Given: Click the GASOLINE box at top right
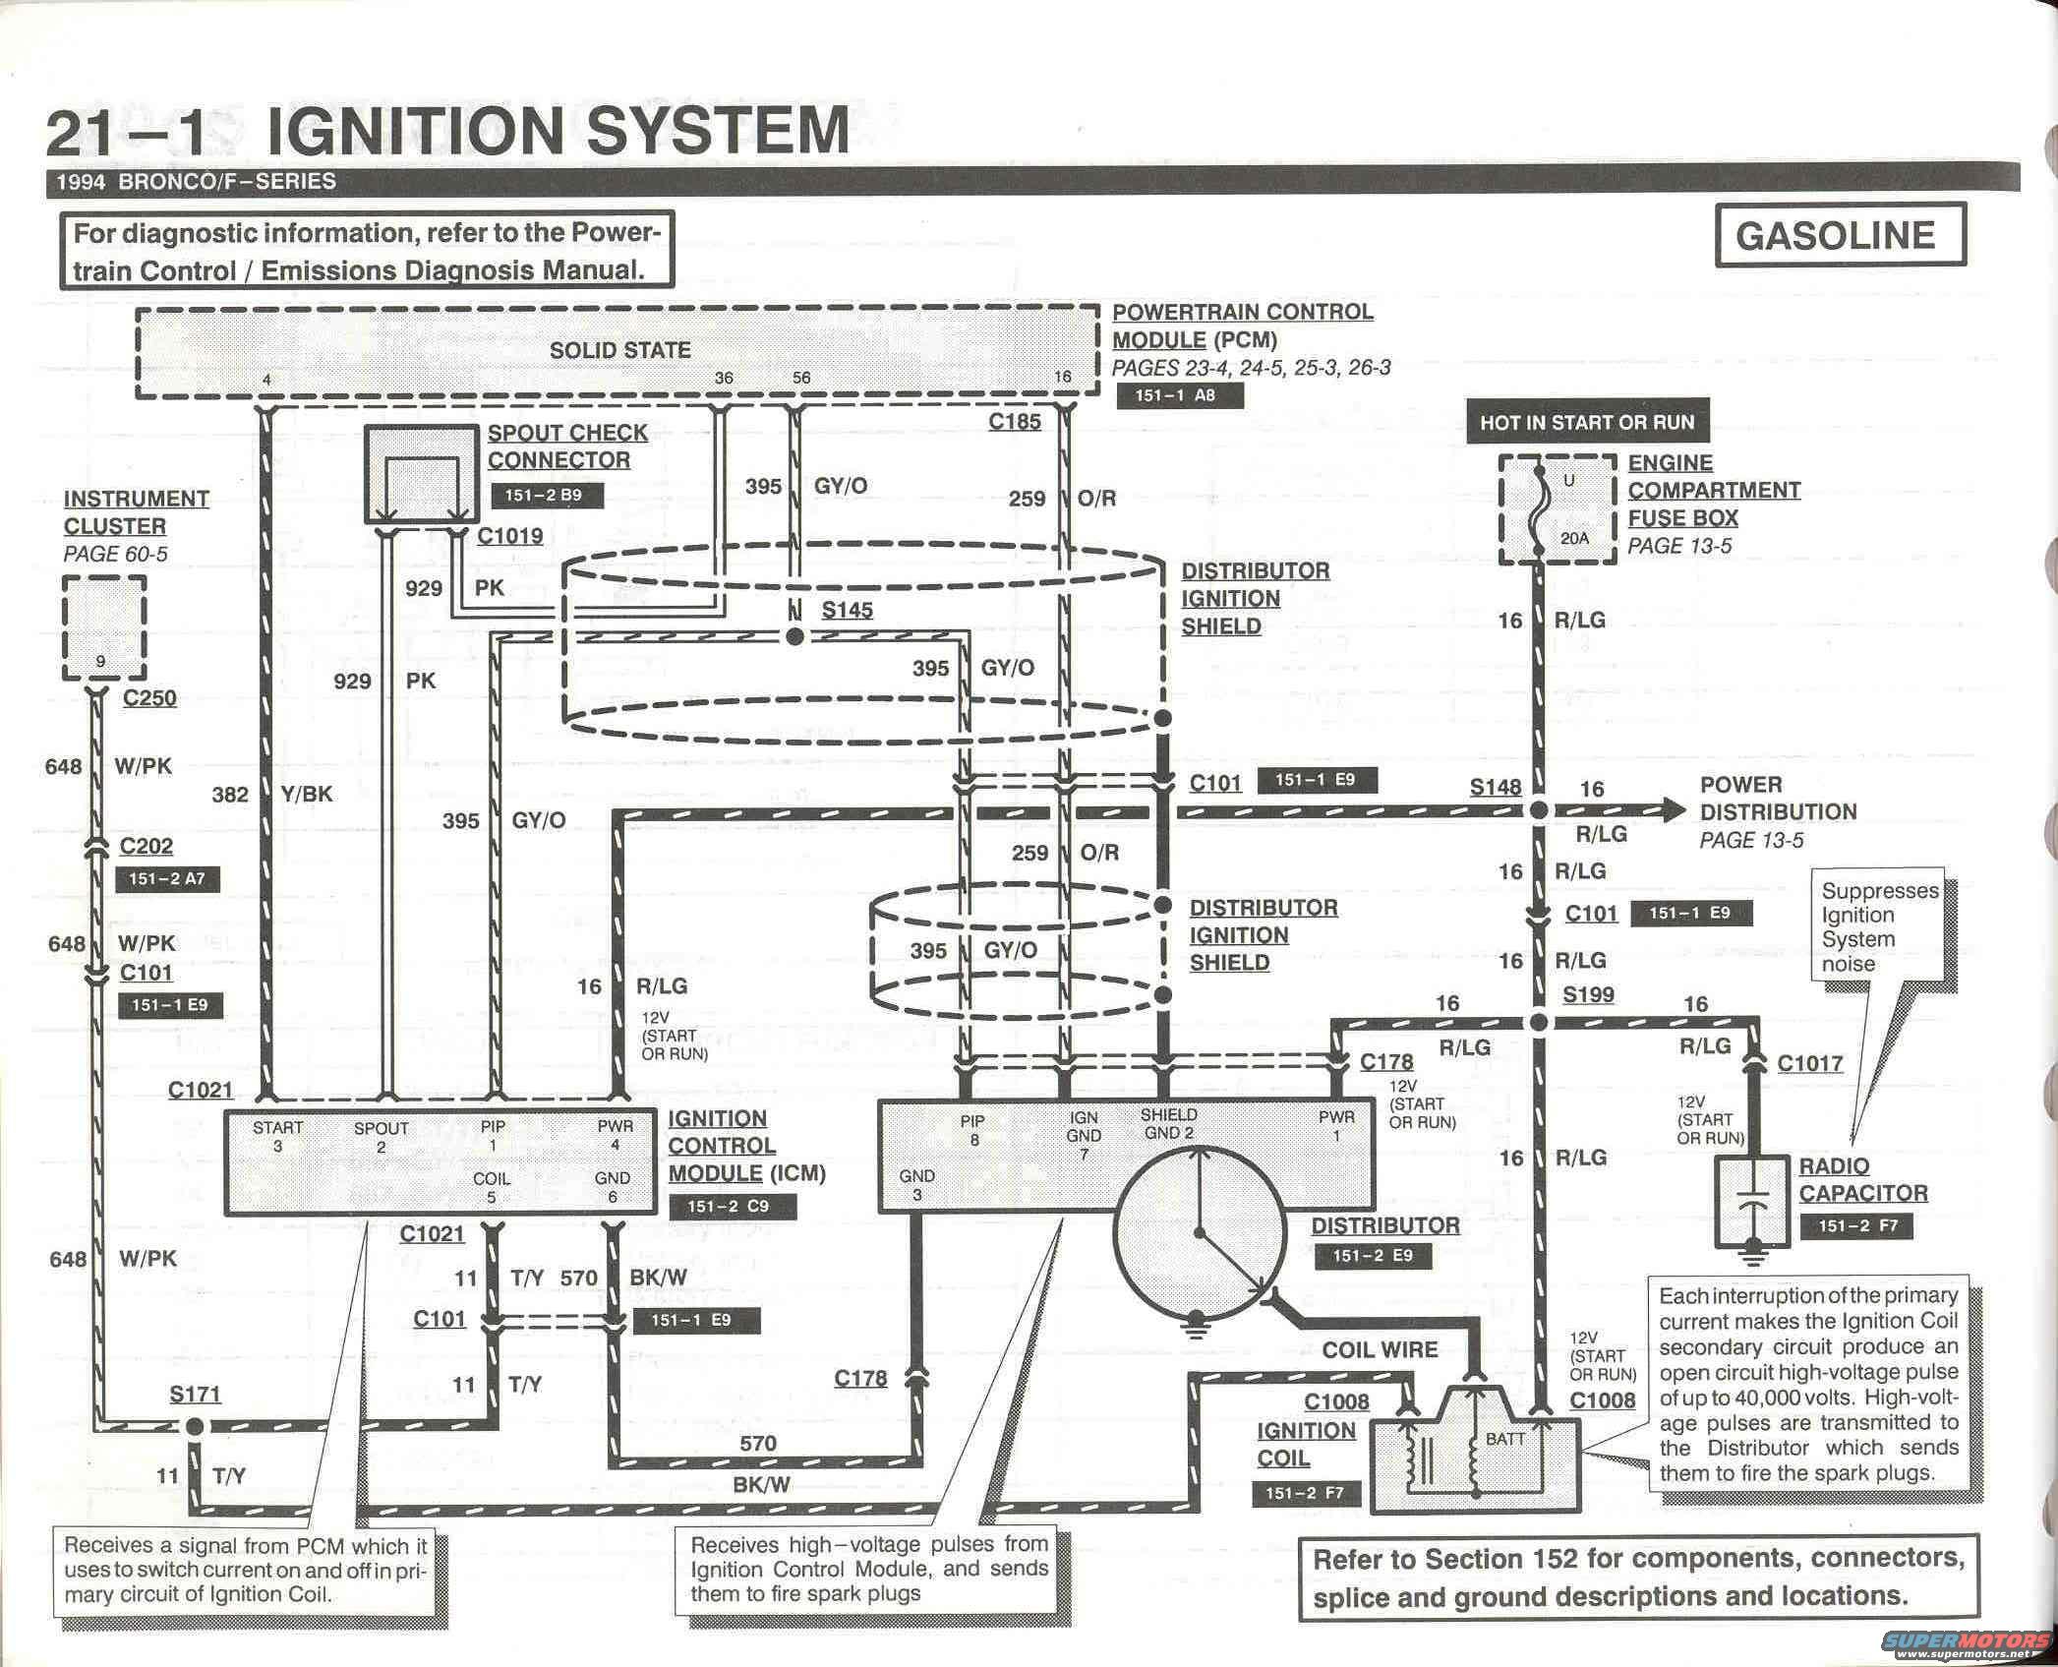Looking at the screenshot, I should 1840,235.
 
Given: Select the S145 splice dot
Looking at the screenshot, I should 795,636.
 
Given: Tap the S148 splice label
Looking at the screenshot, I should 1495,787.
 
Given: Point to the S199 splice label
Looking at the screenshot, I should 1588,994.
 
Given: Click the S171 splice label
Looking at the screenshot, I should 195,1394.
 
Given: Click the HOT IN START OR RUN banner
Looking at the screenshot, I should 1587,423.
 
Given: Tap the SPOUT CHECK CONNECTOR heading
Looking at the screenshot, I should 567,447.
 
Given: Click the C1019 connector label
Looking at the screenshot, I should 509,536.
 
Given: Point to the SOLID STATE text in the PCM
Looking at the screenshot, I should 619,350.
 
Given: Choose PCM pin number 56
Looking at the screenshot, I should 801,379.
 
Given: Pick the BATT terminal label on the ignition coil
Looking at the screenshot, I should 1504,1439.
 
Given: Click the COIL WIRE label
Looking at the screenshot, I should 1380,1349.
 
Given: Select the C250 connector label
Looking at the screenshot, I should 149,698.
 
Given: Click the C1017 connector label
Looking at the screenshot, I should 1809,1063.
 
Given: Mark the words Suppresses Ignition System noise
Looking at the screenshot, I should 1879,926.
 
